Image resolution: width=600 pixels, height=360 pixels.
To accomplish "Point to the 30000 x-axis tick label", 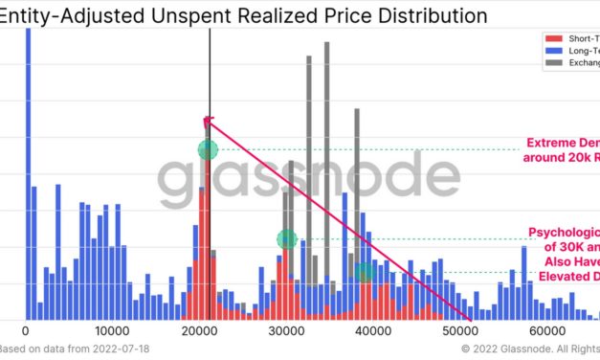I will pyautogui.click(x=287, y=330).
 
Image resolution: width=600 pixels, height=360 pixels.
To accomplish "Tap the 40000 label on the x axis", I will pyautogui.click(x=374, y=330).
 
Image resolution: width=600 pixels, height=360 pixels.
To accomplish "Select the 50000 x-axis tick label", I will pyautogui.click(x=461, y=330).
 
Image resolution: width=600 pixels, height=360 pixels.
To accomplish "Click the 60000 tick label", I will pyautogui.click(x=548, y=330).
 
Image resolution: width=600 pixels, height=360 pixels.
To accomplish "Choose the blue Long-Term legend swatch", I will pyautogui.click(x=548, y=51).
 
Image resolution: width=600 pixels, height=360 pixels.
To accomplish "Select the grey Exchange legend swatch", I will pyautogui.click(x=548, y=63).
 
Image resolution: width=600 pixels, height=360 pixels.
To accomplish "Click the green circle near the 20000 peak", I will pyautogui.click(x=208, y=149).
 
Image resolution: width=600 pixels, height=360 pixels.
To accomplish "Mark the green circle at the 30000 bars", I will pyautogui.click(x=287, y=239).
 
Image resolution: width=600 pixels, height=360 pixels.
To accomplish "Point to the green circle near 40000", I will pyautogui.click(x=364, y=272).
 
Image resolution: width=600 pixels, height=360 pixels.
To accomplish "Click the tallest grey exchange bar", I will pyautogui.click(x=326, y=144).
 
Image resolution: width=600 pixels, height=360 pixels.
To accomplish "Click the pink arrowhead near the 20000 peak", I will pyautogui.click(x=208, y=122).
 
